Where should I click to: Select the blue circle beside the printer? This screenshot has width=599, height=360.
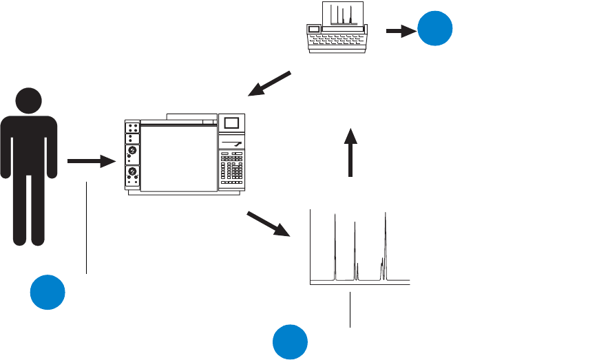436,28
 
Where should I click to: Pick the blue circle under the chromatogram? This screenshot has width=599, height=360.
290,342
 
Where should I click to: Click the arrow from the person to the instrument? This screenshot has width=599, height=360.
91,162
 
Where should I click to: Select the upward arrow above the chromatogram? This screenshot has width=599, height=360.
350,152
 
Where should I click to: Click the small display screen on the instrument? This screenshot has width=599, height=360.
231,123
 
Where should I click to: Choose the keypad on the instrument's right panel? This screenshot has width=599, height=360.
231,169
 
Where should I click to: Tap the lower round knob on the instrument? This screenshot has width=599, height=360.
132,172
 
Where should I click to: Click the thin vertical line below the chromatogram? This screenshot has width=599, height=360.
350,310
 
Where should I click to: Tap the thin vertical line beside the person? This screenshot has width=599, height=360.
87,227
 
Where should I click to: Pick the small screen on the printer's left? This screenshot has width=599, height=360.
315,28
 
